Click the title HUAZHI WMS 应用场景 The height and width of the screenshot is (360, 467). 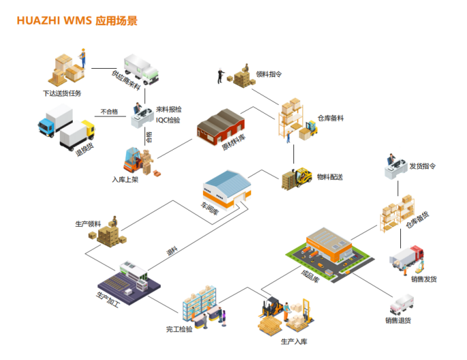point(77,20)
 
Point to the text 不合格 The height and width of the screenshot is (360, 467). point(109,112)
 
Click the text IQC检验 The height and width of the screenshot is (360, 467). point(169,120)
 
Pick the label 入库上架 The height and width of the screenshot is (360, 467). point(126,180)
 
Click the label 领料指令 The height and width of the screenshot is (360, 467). point(269,73)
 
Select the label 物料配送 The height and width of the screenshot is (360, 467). point(331,177)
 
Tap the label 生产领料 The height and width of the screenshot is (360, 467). point(88,223)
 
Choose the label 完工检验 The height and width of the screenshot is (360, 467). point(179,329)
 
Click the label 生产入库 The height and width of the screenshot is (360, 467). point(293,341)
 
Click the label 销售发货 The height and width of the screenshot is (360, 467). point(423,278)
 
